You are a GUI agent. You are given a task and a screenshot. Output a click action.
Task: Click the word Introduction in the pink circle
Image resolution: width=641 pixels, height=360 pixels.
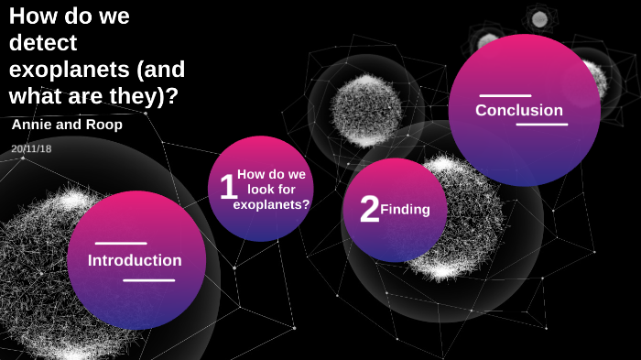pyautogui.click(x=135, y=260)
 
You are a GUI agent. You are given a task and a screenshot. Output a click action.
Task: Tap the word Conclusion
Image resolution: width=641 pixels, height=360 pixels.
pyautogui.click(x=519, y=110)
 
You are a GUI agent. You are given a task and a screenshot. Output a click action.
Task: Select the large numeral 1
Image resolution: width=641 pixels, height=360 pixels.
pyautogui.click(x=228, y=186)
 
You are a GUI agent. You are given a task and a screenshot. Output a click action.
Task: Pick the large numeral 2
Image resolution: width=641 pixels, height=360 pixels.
pyautogui.click(x=370, y=209)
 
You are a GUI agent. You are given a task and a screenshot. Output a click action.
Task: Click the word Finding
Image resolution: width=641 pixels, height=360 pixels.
pyautogui.click(x=405, y=210)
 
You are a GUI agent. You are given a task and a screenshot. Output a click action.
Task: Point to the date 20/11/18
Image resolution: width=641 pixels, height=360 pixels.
pyautogui.click(x=31, y=148)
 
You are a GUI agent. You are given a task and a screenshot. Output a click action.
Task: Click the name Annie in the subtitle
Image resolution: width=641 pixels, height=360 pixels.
pyautogui.click(x=32, y=125)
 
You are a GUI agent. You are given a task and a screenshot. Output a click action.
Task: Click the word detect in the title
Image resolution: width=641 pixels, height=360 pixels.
pyautogui.click(x=43, y=42)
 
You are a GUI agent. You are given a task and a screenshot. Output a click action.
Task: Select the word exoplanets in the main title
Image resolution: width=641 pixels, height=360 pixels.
pyautogui.click(x=69, y=70)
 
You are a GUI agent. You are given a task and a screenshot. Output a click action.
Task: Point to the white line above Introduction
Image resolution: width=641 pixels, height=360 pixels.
pyautogui.click(x=121, y=244)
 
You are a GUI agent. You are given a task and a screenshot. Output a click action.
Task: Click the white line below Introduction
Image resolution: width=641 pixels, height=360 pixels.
pyautogui.click(x=148, y=280)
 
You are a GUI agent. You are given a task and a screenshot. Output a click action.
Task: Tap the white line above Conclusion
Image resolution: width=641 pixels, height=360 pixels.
pyautogui.click(x=505, y=96)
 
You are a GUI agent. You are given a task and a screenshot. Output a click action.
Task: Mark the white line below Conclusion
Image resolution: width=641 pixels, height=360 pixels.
pyautogui.click(x=542, y=124)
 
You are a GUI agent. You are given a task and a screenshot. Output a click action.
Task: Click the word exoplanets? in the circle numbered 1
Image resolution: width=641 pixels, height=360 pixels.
pyautogui.click(x=271, y=204)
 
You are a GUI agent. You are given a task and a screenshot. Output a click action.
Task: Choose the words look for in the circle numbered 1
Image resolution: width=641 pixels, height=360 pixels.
pyautogui.click(x=271, y=190)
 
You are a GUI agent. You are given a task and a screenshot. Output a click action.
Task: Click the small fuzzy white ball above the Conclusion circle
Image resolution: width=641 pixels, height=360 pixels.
pyautogui.click(x=539, y=18)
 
